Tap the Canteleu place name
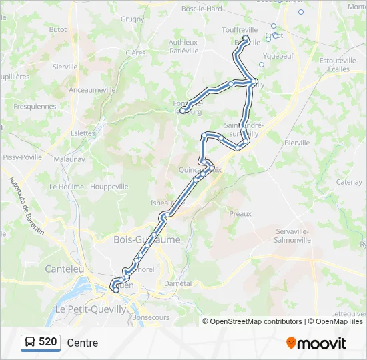pos(64,269)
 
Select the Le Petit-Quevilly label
pos(90,309)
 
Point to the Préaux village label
pos(240,214)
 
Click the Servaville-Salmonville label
pos(292,235)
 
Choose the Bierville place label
pos(297,143)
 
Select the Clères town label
pos(135,53)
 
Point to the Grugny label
pos(132,19)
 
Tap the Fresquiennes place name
pos(35,106)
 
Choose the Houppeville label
pos(109,187)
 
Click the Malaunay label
pos(69,159)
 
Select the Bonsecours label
pos(151,318)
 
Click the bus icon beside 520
pos(30,343)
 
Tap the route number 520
pos(48,342)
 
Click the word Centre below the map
pos(82,343)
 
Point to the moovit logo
pos(316,343)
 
